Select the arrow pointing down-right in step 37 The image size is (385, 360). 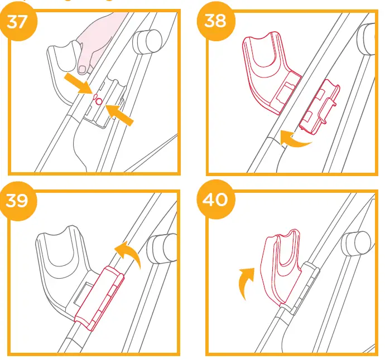point(78,84)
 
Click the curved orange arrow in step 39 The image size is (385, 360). point(127,252)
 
